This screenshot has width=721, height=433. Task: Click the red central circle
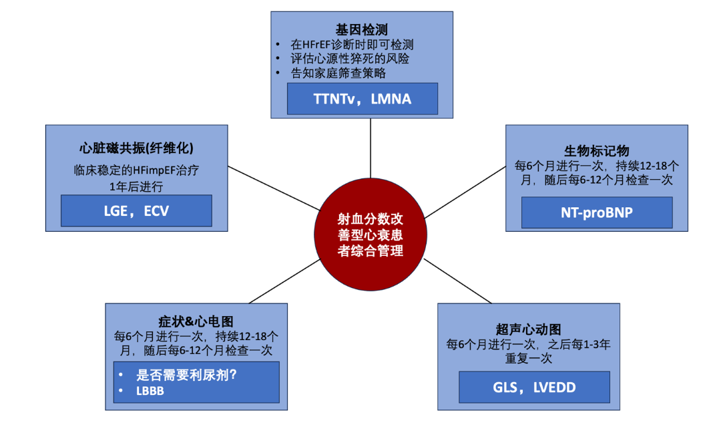(371, 235)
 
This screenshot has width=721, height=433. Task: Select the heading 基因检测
(361, 30)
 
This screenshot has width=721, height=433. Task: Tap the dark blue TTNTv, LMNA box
(363, 99)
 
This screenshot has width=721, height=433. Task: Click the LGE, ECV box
(137, 210)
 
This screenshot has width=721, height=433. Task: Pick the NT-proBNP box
(597, 212)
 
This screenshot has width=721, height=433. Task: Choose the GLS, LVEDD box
(534, 388)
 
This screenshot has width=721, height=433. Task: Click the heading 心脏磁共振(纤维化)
(137, 148)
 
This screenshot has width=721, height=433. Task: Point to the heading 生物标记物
(596, 151)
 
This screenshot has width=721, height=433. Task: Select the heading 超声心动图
(528, 329)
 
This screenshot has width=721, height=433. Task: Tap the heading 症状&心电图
(196, 321)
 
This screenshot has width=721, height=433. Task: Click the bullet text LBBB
(150, 391)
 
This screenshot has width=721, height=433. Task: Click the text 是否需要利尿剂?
(186, 375)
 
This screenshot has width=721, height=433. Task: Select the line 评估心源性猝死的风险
(349, 59)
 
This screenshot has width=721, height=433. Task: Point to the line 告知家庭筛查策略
(338, 73)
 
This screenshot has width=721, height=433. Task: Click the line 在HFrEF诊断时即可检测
(352, 45)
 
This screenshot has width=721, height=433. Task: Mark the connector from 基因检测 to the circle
(371, 148)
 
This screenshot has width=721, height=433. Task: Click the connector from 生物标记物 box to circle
(465, 192)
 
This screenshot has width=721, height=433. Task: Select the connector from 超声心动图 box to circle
(457, 281)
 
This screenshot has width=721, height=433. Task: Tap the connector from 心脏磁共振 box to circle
(274, 188)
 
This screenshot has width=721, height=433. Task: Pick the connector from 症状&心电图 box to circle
(284, 281)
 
